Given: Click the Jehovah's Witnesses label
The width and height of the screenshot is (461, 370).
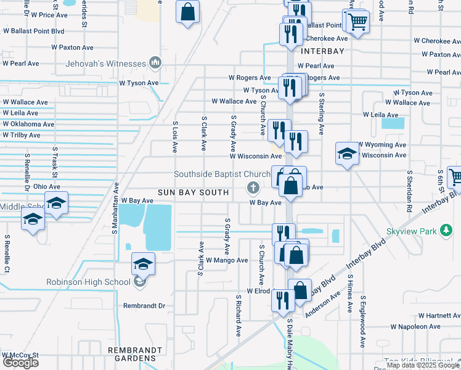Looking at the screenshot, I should tap(105, 64).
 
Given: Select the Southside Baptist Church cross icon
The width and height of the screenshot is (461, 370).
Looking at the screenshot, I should tap(251, 187).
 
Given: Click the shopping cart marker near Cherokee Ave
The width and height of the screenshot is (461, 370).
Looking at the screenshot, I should tap(356, 22).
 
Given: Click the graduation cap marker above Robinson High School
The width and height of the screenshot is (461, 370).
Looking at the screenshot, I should tap(143, 264).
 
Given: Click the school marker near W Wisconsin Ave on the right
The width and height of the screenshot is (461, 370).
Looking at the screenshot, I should tap(347, 154).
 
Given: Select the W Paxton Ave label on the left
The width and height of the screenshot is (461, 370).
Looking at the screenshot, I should tap(71, 47).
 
